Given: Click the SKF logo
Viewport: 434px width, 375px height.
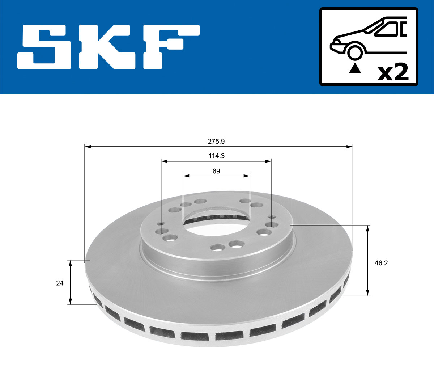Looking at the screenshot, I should (109, 47).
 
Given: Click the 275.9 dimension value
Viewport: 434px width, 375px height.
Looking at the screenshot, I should (218, 142).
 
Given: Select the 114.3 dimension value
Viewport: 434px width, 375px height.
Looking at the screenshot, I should (216, 156).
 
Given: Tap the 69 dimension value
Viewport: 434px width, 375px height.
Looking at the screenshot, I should (216, 171).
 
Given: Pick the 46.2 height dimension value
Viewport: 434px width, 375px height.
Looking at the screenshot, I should (381, 263).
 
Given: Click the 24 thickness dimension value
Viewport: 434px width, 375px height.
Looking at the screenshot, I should (60, 283).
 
